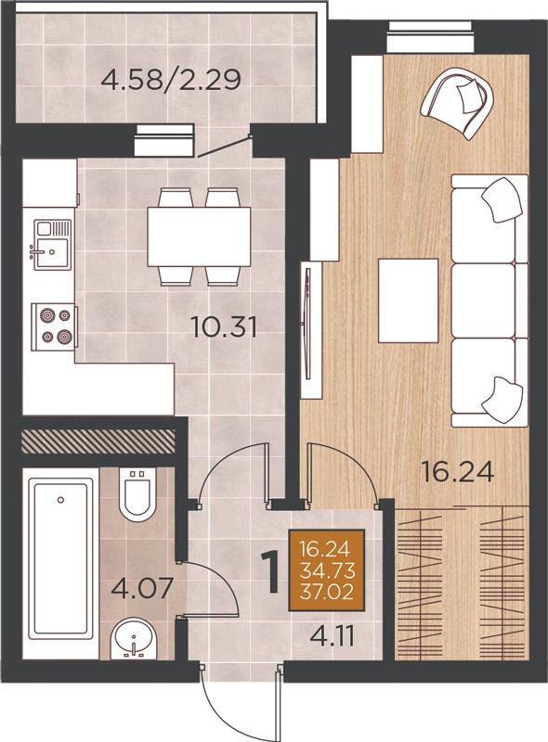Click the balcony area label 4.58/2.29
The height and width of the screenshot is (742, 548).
pos(171,80)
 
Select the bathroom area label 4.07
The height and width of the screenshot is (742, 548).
pos(140,588)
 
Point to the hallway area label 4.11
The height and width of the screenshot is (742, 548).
pos(332,637)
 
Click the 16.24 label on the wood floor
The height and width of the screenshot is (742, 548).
pos(458,472)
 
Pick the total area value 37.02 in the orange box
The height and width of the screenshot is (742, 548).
pos(327,592)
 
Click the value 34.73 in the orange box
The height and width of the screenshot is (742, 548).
pos(327,570)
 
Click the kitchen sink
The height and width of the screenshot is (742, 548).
pos(51,245)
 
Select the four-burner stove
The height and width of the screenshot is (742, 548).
pos(54,327)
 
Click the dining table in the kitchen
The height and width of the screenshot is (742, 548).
pos(199,237)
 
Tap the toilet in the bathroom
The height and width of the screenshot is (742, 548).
pos(137,493)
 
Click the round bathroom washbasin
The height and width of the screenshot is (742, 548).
pos(133,640)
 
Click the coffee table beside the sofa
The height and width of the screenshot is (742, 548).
pos(408,300)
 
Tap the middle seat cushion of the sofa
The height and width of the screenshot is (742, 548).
pos(484,301)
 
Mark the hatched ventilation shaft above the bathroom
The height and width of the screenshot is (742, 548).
pos(98,440)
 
